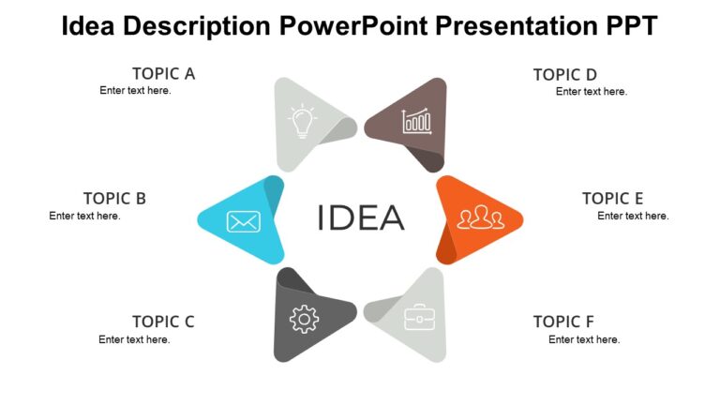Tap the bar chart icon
(415, 122)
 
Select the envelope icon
(243, 221)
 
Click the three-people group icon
(480, 218)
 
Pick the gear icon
(304, 320)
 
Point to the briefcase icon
(419, 318)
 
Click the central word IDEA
(361, 217)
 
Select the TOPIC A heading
(163, 73)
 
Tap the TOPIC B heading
(114, 198)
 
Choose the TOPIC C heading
(163, 322)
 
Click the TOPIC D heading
(565, 74)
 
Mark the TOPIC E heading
(612, 198)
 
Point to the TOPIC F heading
(563, 322)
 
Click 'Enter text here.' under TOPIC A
(135, 91)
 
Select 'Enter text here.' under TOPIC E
(633, 216)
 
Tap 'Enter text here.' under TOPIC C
(134, 339)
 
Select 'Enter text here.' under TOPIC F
(584, 339)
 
